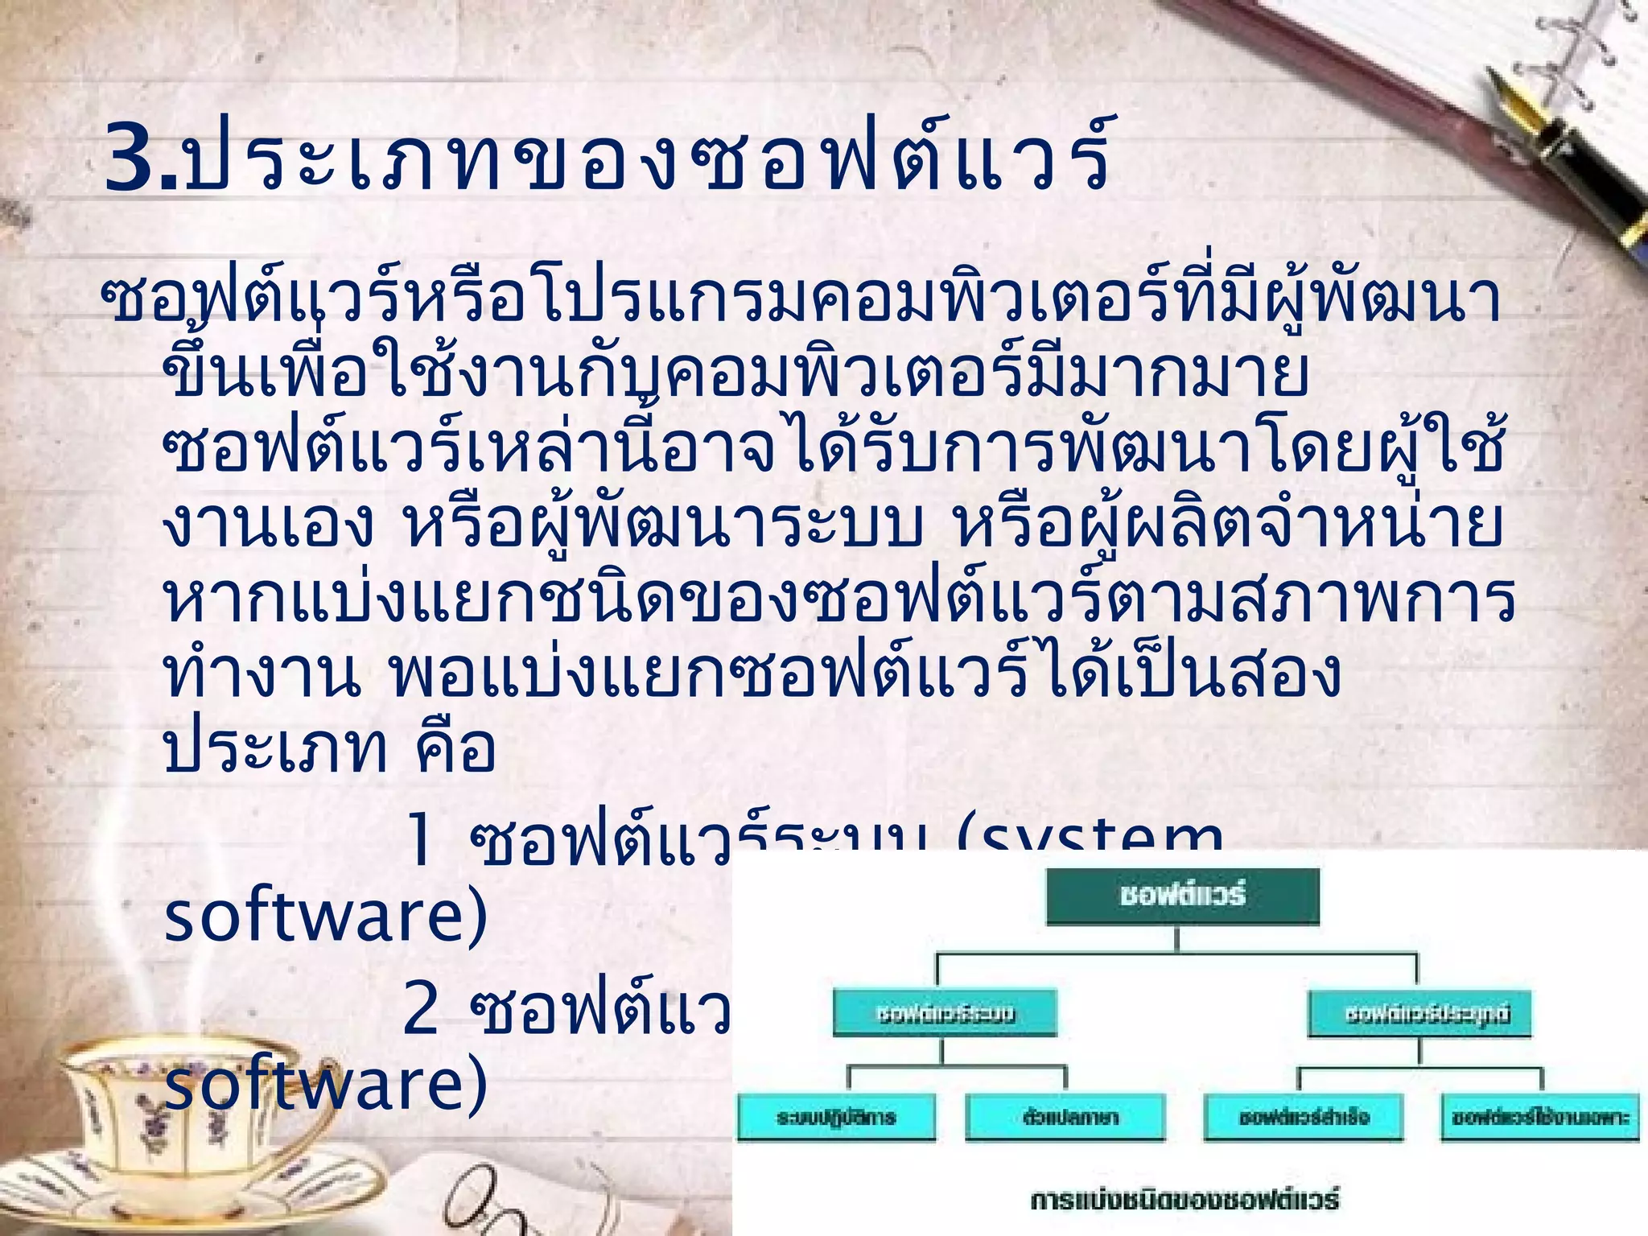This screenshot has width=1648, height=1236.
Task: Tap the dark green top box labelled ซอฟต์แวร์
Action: pos(1182,895)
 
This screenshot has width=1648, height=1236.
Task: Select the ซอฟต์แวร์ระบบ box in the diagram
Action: pos(945,1012)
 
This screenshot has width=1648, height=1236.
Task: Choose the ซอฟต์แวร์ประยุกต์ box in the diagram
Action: pos(1419,1013)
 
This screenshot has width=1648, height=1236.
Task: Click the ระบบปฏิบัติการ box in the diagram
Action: pos(836,1117)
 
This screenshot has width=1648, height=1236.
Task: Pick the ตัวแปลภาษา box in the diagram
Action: pos(1065,1117)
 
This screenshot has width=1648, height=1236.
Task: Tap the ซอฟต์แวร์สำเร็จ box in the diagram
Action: pos(1304,1117)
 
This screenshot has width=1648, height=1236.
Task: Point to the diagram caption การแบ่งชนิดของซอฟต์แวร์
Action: pos(1184,1200)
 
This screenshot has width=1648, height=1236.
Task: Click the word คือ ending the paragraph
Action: pos(455,748)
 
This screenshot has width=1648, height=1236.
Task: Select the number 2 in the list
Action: pos(420,1007)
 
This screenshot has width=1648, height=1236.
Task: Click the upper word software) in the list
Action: pos(326,917)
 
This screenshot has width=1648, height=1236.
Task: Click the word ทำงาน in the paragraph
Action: pos(262,674)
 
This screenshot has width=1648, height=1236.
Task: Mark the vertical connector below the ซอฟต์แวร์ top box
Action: pos(1178,939)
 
